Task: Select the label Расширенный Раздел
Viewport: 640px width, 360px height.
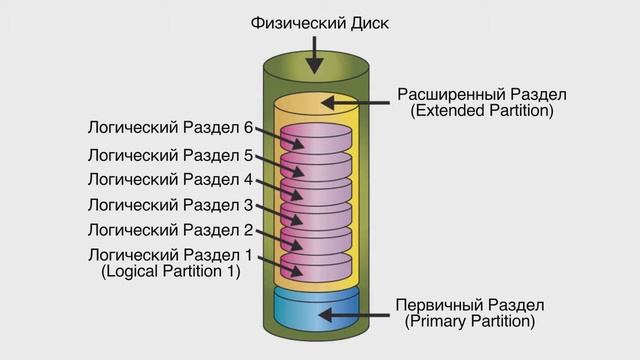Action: pyautogui.click(x=482, y=94)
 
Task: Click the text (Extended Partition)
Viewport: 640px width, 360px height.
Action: pyautogui.click(x=482, y=111)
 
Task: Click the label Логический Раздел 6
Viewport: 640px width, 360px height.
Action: pyautogui.click(x=169, y=128)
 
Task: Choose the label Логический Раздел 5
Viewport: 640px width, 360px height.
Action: pyautogui.click(x=169, y=155)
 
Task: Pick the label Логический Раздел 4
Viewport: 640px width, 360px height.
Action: pyautogui.click(x=169, y=180)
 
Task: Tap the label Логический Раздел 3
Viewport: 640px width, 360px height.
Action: pyautogui.click(x=169, y=205)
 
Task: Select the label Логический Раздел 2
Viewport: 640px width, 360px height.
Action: pyautogui.click(x=169, y=230)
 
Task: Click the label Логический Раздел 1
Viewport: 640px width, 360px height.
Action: pyautogui.click(x=169, y=254)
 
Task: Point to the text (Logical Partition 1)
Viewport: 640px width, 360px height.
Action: pyautogui.click(x=171, y=271)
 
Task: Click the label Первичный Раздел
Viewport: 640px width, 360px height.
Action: pyautogui.click(x=470, y=304)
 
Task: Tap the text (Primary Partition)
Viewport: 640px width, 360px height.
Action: pyautogui.click(x=470, y=321)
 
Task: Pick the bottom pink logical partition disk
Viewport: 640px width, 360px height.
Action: pyautogui.click(x=316, y=265)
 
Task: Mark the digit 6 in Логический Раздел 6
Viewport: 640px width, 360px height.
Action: pyautogui.click(x=247, y=128)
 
